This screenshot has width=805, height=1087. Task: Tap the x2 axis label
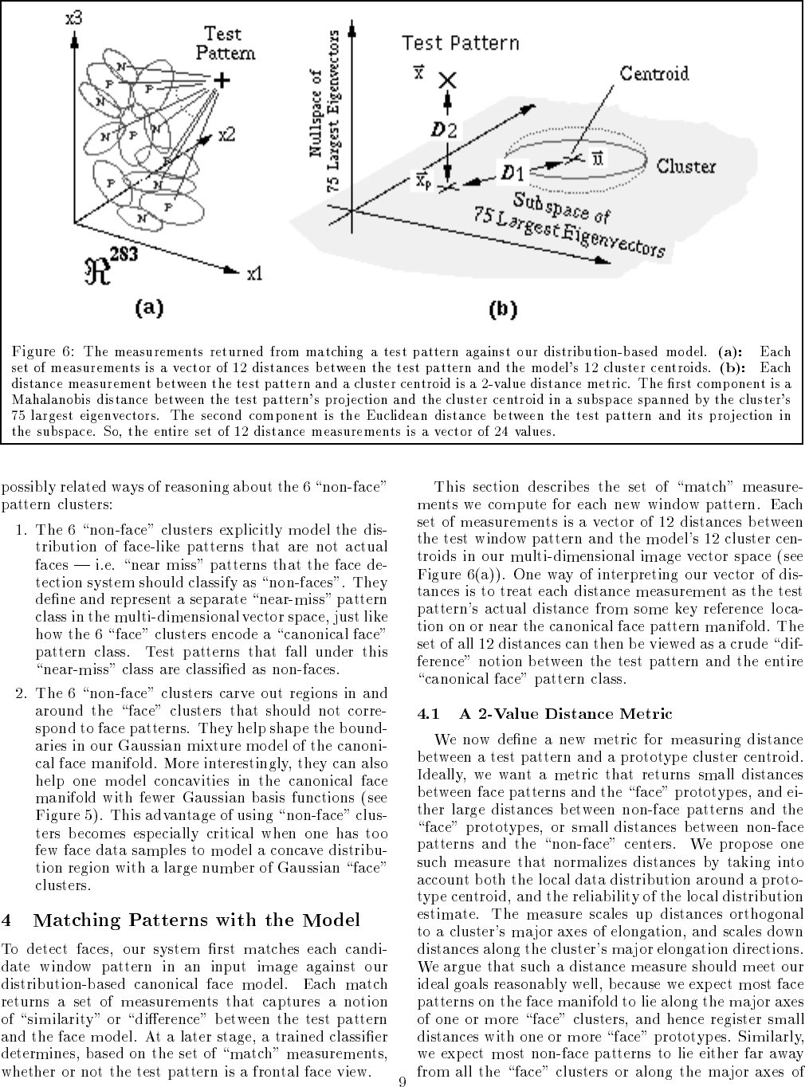coord(226,135)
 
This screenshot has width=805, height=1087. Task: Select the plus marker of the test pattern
coord(221,80)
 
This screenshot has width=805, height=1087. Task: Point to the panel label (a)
coord(148,307)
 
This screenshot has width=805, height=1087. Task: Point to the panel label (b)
coord(502,309)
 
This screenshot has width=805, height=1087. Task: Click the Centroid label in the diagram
coord(654,74)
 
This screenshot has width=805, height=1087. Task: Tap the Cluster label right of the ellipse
coord(685,167)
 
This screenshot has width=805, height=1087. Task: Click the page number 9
coord(402,1081)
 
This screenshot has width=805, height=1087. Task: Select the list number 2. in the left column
coord(22,693)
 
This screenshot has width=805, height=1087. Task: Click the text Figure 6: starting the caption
coord(45,351)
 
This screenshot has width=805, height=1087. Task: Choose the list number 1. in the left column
coord(22,529)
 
